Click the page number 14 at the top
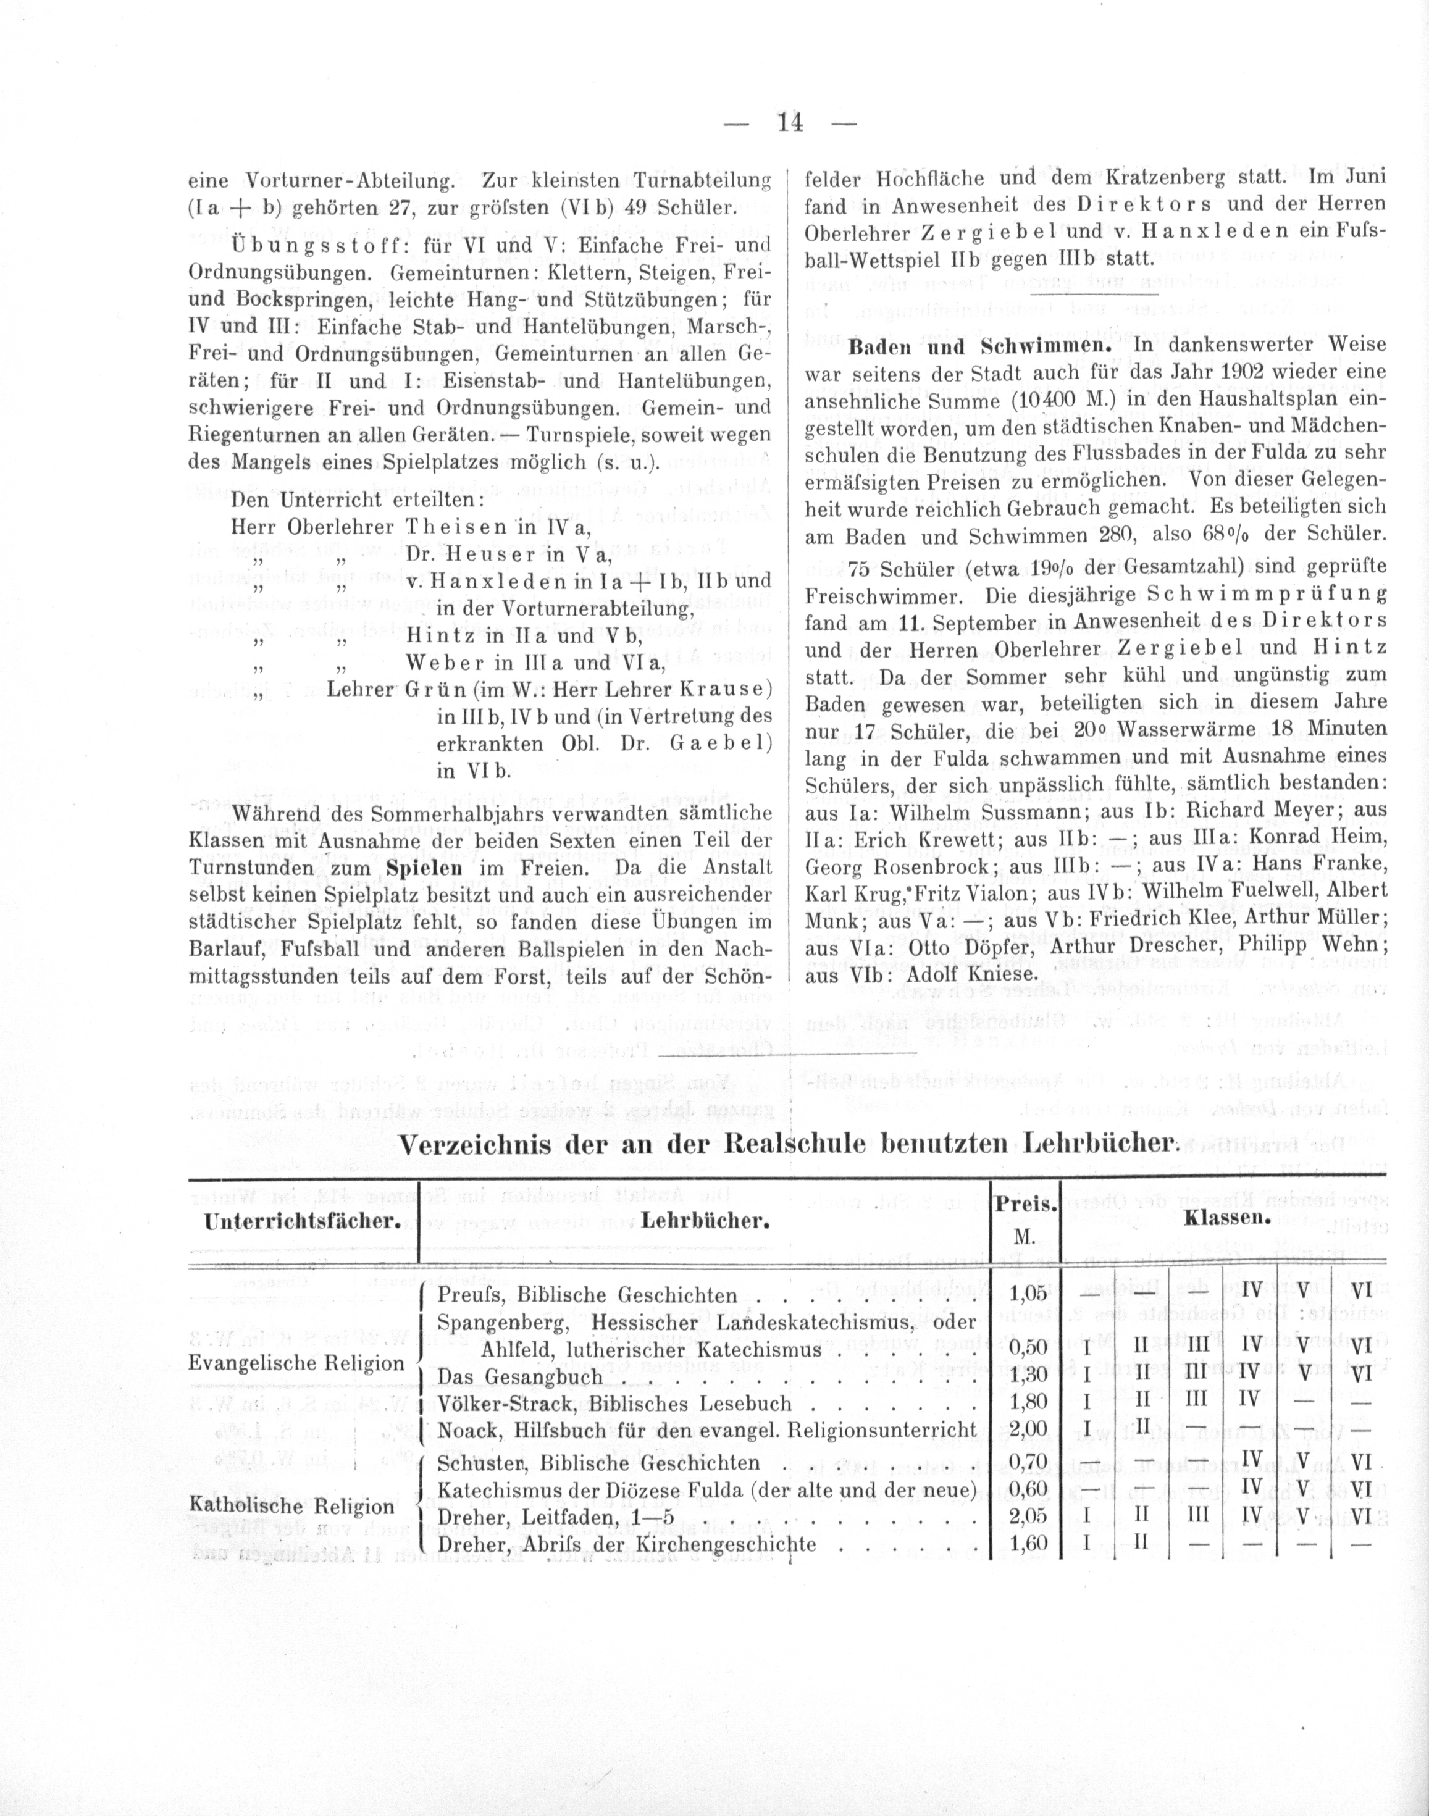click(x=790, y=123)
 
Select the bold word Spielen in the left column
click(x=416, y=870)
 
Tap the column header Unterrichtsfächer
click(x=300, y=1221)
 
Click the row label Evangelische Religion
click(x=297, y=1363)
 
